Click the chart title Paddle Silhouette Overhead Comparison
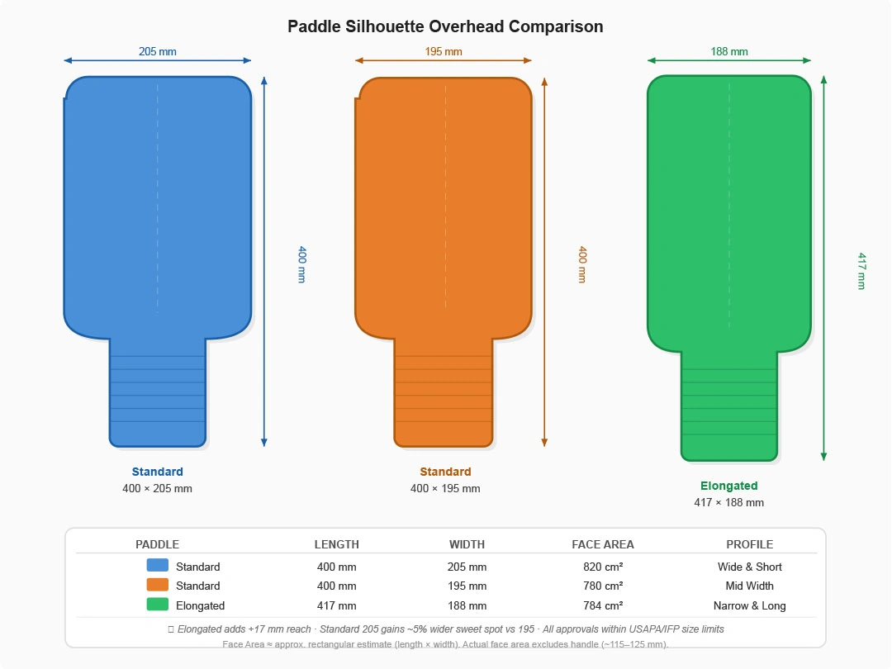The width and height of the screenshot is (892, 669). [x=445, y=26]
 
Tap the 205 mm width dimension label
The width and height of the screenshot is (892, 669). [x=157, y=52]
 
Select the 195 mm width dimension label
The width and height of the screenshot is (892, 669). [x=444, y=52]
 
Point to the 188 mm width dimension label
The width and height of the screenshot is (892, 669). [x=729, y=52]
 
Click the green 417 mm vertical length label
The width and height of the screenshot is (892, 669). [x=861, y=271]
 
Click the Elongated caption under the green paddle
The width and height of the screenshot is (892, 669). [x=728, y=486]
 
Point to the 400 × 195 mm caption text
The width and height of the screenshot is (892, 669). [x=445, y=488]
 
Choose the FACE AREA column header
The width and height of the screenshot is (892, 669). [x=603, y=544]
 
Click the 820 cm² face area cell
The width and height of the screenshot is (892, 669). [x=603, y=567]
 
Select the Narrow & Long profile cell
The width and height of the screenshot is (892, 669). [x=749, y=605]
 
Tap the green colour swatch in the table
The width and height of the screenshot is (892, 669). [x=157, y=605]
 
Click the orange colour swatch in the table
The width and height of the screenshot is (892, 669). [x=157, y=585]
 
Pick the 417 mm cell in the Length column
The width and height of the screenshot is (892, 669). [x=337, y=605]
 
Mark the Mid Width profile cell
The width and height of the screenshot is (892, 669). [x=749, y=586]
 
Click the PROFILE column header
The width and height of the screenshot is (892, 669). [x=749, y=544]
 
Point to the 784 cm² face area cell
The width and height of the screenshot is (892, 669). [x=603, y=605]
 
